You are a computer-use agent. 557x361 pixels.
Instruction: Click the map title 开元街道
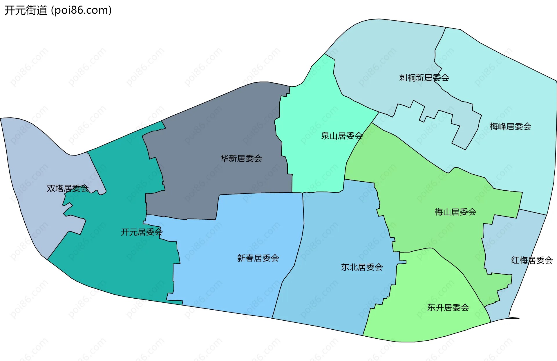(x=26, y=10)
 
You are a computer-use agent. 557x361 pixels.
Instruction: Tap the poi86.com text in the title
(x=81, y=10)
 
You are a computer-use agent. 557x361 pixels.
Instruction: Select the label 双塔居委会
(x=68, y=188)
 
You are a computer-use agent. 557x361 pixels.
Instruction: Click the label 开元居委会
(x=142, y=232)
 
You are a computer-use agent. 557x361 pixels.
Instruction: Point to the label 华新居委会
(x=241, y=158)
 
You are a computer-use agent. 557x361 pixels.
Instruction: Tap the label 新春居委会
(x=258, y=258)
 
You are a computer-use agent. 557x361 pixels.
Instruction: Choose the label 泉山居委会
(x=342, y=136)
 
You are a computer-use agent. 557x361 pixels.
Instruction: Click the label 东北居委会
(x=362, y=267)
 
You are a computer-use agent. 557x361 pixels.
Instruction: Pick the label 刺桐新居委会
(x=424, y=77)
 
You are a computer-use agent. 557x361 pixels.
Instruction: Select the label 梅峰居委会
(x=510, y=126)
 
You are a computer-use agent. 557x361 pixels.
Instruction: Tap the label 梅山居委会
(x=455, y=212)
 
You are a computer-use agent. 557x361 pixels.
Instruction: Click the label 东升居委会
(x=448, y=307)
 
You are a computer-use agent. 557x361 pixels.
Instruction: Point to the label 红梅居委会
(x=532, y=260)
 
